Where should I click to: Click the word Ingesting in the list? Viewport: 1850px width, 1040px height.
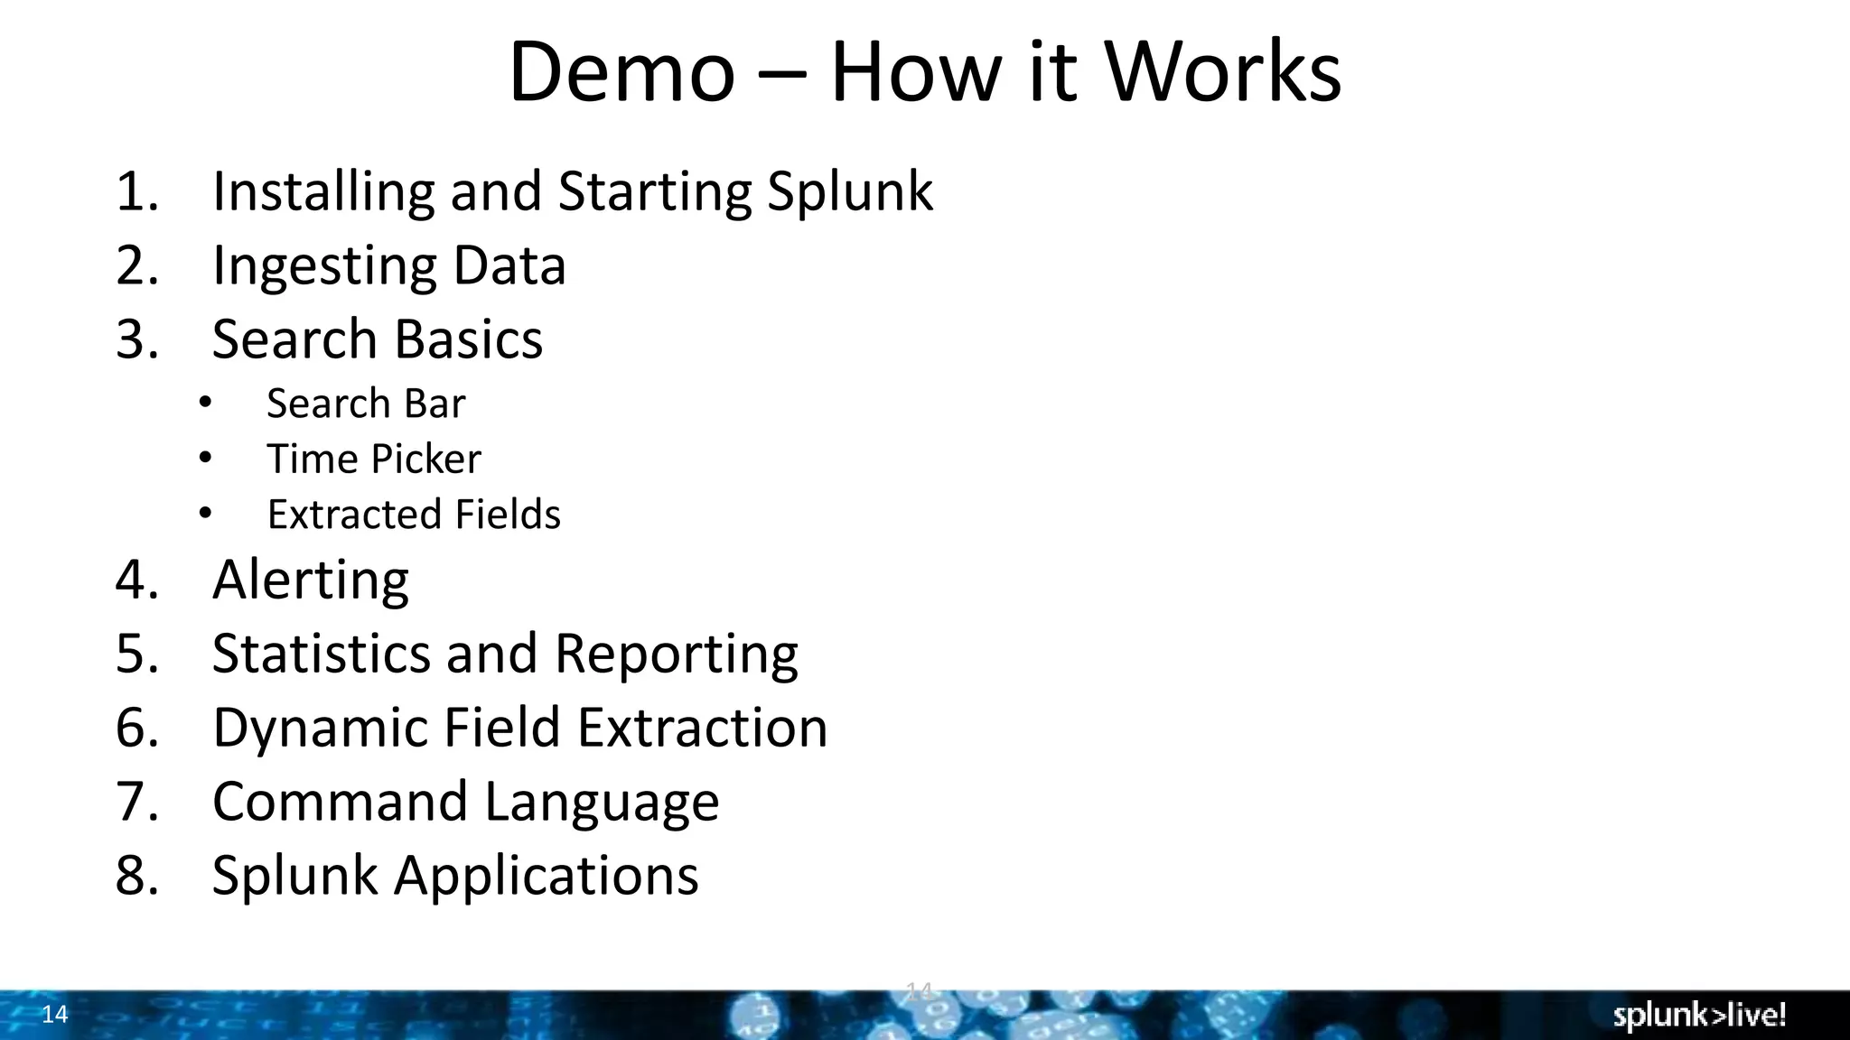[323, 265]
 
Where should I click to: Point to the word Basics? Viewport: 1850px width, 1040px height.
[468, 339]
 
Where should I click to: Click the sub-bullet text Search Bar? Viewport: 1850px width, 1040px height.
[366, 404]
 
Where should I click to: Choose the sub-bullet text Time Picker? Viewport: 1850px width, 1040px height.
[374, 459]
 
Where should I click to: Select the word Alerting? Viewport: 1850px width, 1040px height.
[311, 580]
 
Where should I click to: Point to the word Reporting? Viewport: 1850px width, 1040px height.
[676, 654]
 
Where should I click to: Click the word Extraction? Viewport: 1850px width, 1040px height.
[702, 728]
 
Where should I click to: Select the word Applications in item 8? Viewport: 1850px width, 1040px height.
[546, 876]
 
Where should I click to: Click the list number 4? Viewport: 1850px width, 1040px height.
[135, 580]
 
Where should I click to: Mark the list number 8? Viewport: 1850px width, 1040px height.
[135, 876]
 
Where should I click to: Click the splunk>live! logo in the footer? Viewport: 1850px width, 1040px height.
[1699, 1016]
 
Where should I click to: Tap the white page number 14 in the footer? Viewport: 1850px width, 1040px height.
[55, 1015]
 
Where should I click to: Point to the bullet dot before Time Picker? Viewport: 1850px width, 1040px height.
[205, 459]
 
